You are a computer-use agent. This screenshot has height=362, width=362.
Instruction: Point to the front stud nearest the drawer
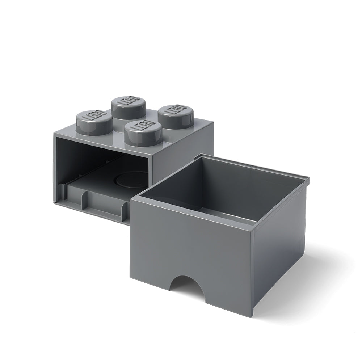point(142,133)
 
